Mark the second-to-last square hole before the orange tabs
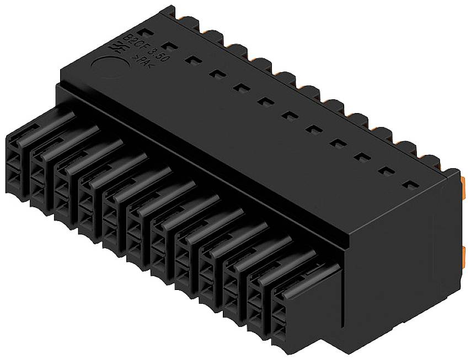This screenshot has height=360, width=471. (386, 172)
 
